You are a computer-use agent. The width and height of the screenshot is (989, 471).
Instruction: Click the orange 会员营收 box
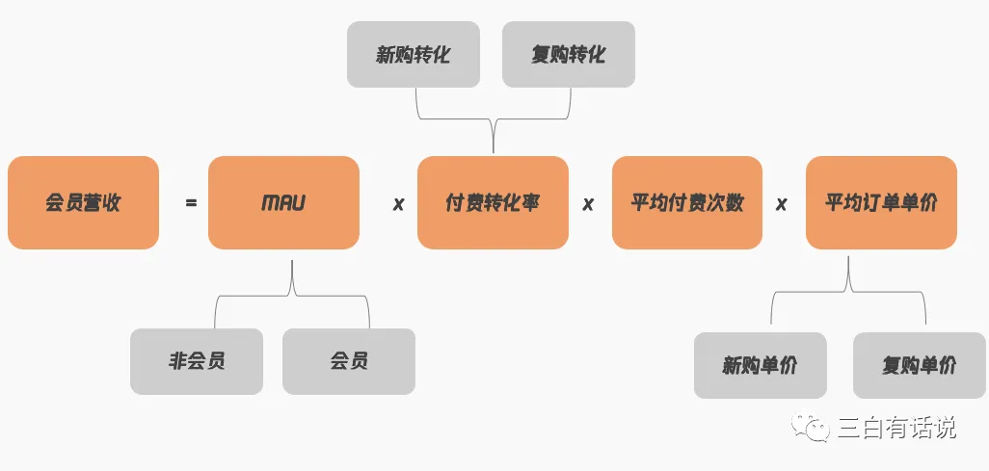tap(83, 203)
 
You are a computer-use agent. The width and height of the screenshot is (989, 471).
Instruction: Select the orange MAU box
tap(283, 203)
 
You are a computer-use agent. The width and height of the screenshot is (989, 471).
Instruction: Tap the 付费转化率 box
tap(493, 203)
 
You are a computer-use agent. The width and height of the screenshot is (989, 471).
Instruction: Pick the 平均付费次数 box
tap(686, 203)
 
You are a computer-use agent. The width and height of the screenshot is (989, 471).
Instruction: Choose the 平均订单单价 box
tap(881, 203)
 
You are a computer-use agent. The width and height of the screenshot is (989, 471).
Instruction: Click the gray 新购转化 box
tap(414, 54)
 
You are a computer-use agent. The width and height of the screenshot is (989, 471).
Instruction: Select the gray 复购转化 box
tap(569, 54)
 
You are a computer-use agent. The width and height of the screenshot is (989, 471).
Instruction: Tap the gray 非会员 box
tap(197, 361)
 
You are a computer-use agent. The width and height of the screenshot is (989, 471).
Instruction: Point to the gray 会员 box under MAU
tap(349, 361)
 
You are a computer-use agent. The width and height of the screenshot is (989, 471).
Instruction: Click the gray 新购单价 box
tap(761, 365)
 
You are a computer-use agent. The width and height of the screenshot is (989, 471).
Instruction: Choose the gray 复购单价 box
tap(920, 365)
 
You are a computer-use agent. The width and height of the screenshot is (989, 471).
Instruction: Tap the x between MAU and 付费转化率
tap(398, 204)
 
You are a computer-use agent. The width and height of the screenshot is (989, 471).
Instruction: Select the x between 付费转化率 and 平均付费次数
tap(588, 204)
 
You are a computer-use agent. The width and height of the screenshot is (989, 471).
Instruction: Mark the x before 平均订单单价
tap(782, 204)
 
